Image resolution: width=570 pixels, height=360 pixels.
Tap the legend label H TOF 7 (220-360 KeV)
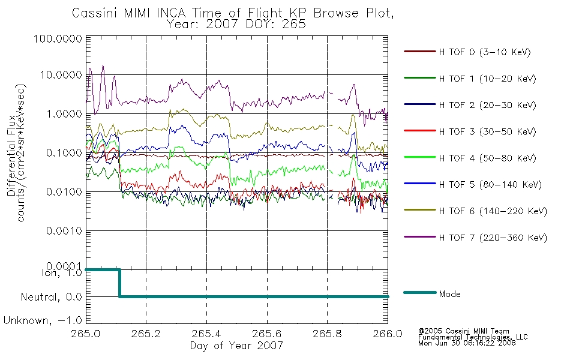(493, 238)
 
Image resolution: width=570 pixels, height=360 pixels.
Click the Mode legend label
(449, 294)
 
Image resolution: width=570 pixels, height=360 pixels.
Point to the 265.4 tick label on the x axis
(206, 334)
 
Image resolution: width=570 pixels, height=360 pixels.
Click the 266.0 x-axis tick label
(388, 334)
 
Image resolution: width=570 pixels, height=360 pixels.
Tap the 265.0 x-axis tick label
(86, 334)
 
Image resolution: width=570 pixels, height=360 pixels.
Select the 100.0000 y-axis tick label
(58, 38)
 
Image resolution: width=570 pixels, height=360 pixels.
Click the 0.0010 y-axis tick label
(64, 231)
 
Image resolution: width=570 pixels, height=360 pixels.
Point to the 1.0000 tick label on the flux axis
(64, 114)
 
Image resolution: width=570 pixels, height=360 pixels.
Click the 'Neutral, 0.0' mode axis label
(51, 297)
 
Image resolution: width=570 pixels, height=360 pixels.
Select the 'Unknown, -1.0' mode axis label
(43, 320)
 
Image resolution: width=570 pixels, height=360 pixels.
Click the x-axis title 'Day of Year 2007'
(236, 346)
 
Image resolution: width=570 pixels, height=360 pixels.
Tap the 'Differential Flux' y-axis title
(11, 155)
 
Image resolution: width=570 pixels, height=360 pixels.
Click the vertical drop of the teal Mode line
(119, 283)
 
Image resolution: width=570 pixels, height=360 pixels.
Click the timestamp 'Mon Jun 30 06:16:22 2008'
(467, 343)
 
